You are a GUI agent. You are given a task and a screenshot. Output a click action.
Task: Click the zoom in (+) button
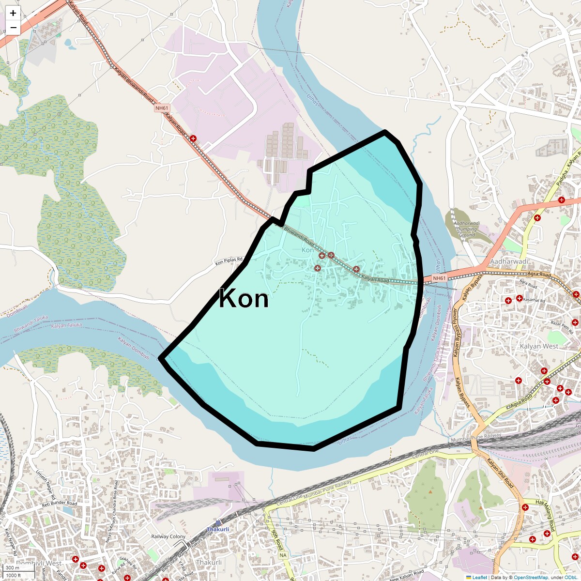coord(13,13)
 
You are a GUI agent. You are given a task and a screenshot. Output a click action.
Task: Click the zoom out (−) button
coord(13,28)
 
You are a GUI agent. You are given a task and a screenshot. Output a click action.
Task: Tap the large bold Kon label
coord(244,299)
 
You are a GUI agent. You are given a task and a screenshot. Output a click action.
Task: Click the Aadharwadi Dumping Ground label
coord(467,229)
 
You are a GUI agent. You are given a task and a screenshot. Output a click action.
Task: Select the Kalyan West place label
coord(538,346)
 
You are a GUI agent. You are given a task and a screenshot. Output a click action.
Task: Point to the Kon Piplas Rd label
coord(229,261)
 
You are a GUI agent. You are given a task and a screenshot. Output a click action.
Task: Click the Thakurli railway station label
coord(218,529)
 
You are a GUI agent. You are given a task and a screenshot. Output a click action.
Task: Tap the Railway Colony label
coord(168,536)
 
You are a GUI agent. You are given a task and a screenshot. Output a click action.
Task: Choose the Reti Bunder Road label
coord(60,504)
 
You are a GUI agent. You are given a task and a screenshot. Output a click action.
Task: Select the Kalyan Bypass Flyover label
coord(455,333)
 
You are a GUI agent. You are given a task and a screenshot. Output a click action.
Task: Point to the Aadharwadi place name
coord(509,261)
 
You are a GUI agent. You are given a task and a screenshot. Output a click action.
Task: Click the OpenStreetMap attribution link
coord(531,577)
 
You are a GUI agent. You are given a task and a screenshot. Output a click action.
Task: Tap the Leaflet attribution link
coord(479,577)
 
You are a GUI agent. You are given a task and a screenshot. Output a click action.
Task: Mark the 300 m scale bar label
coord(13,568)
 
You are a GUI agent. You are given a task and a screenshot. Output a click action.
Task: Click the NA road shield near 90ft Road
coord(283,555)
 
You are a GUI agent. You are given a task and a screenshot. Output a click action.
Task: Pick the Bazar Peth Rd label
coord(562,328)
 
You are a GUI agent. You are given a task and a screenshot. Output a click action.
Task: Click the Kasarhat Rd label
coord(535,300)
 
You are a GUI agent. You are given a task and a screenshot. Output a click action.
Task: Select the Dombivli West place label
coord(39,564)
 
